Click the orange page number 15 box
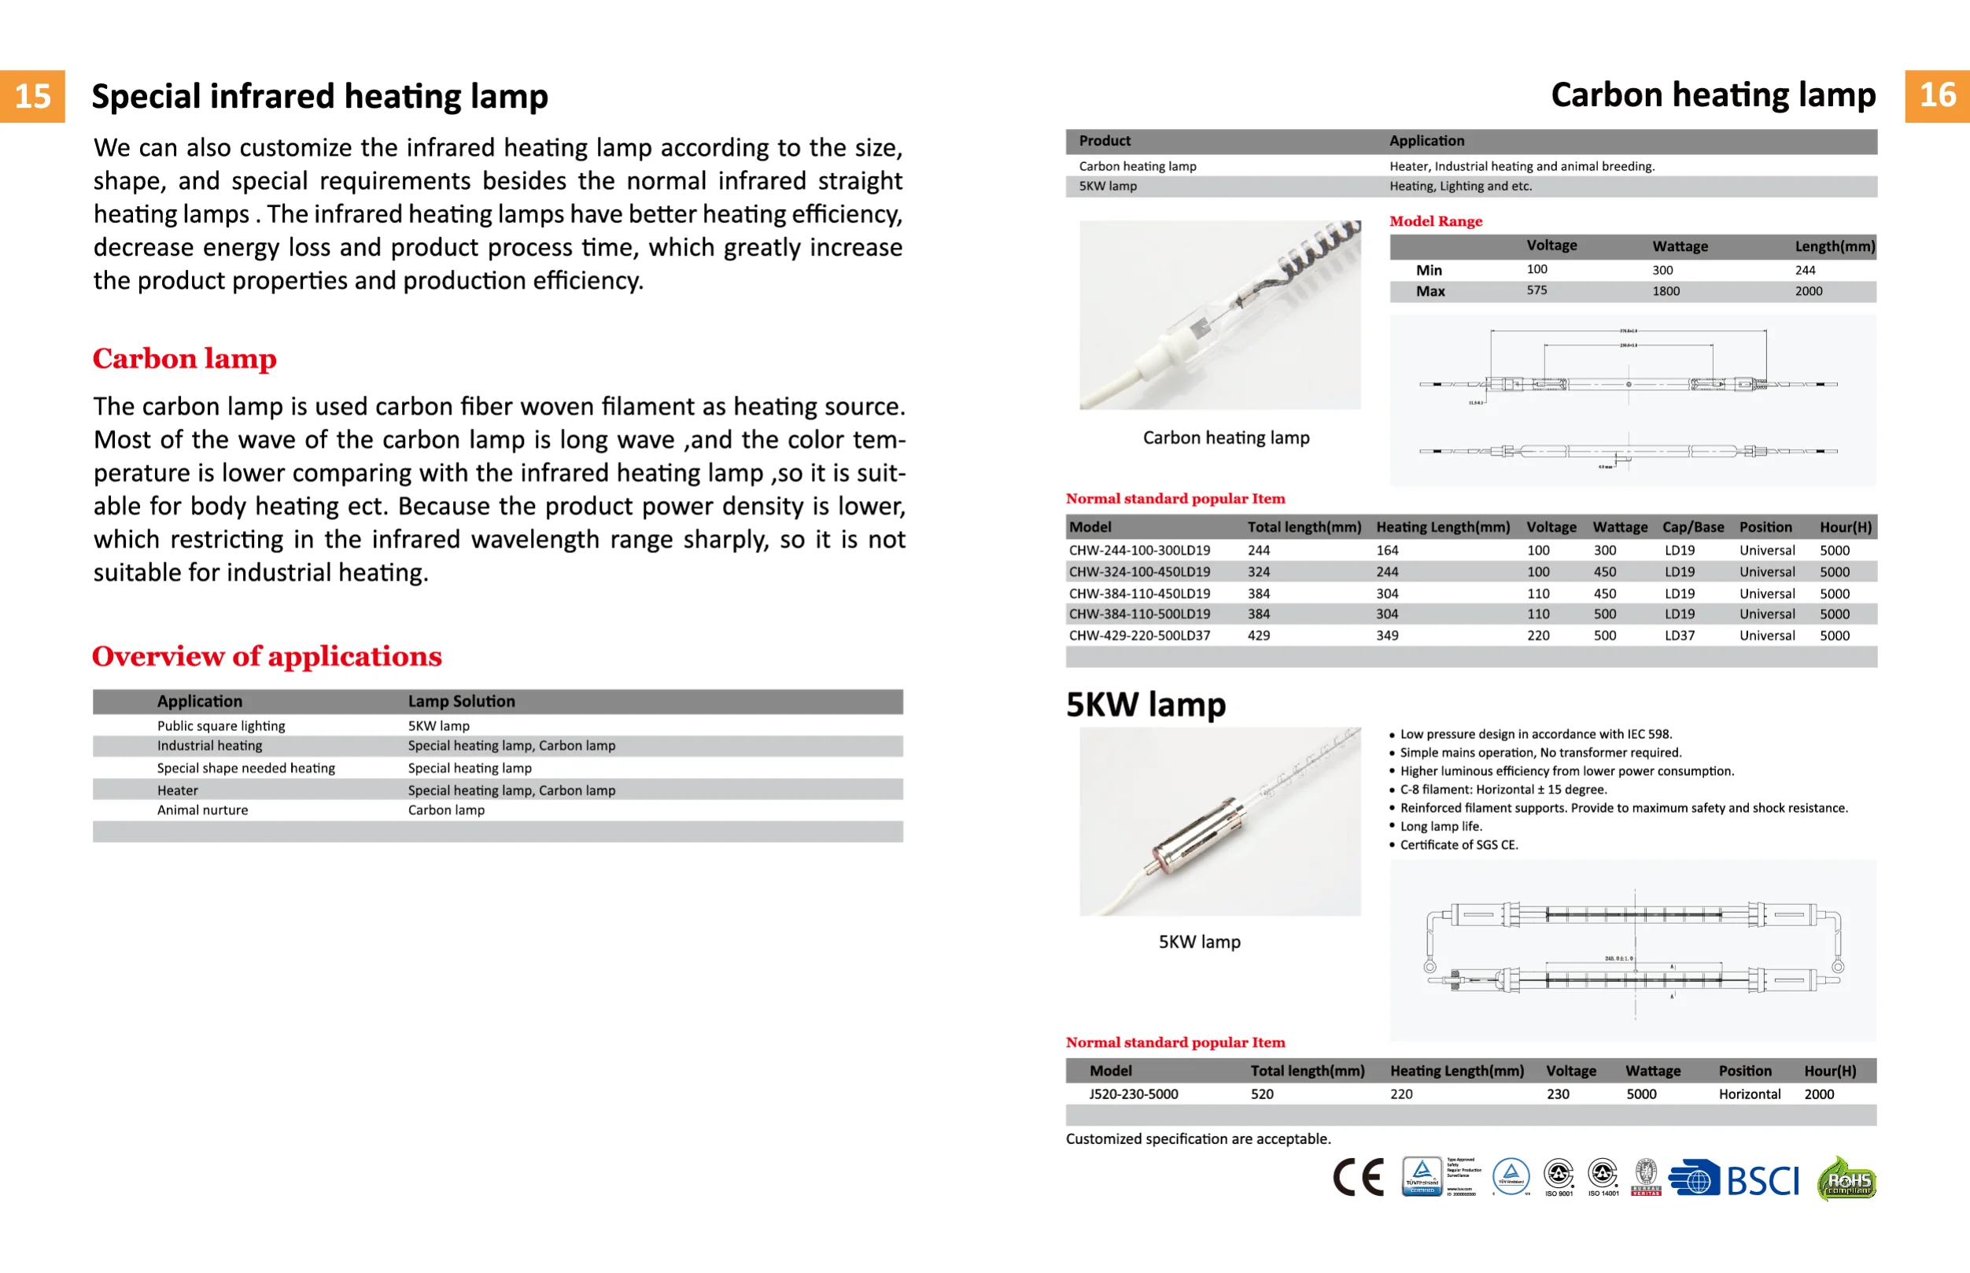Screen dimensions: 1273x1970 [x=32, y=96]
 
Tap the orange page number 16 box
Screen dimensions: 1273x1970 [x=1937, y=96]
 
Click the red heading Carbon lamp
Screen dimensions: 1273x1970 [x=184, y=359]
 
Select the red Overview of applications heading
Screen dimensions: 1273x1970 [x=267, y=656]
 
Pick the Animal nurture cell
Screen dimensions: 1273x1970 [x=202, y=810]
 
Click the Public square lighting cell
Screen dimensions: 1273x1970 [x=220, y=725]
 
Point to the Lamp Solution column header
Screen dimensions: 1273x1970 [x=461, y=701]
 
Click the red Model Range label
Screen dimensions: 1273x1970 [x=1435, y=222]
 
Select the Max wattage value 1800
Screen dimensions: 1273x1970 [x=1665, y=291]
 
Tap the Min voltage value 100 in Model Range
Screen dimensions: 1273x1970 [x=1537, y=270]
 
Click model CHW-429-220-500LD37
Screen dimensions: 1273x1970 [x=1138, y=636]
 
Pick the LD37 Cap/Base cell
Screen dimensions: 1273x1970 [x=1679, y=636]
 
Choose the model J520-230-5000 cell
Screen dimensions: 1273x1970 [x=1133, y=1094]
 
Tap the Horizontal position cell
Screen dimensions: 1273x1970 [x=1750, y=1094]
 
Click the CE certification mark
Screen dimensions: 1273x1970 [x=1358, y=1177]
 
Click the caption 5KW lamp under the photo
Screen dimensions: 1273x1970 [x=1199, y=942]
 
